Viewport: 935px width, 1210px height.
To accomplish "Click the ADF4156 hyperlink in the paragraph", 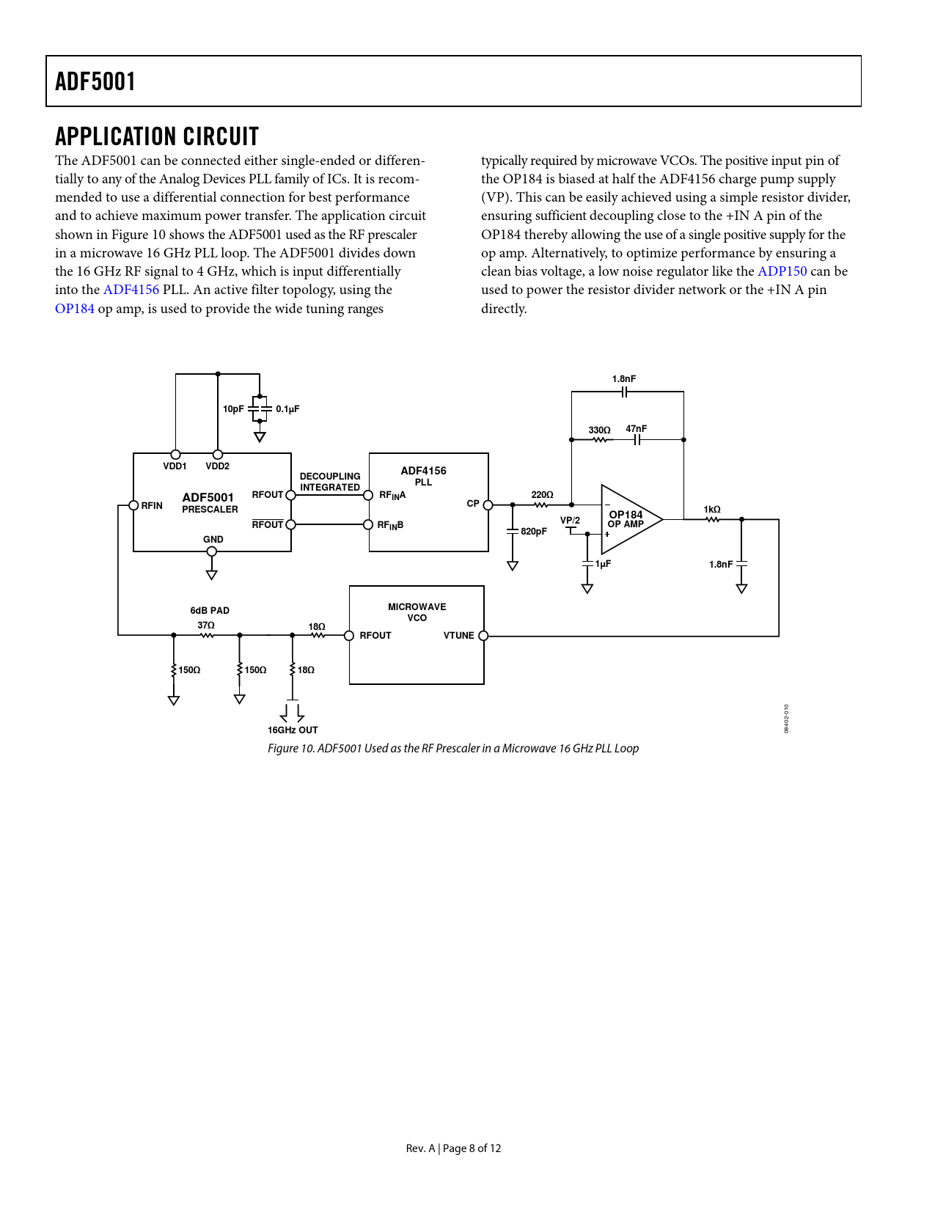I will tap(131, 290).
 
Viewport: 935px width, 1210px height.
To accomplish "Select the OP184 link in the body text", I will tap(75, 309).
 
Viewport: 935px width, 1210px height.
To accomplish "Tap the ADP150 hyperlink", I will tap(782, 271).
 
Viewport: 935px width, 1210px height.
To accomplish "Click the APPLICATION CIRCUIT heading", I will tap(157, 136).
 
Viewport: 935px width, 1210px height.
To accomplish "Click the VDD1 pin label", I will tap(175, 466).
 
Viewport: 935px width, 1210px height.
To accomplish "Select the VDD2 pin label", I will tap(217, 466).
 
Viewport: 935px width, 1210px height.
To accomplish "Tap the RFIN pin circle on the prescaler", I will tap(133, 505).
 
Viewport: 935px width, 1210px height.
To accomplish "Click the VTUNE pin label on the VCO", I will tap(458, 636).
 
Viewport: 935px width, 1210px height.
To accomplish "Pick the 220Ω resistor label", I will tap(542, 495).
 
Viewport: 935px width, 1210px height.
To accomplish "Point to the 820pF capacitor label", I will tap(534, 532).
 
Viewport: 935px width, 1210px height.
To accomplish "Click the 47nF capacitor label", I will tap(636, 429).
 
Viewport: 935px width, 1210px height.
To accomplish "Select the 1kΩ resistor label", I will tap(711, 510).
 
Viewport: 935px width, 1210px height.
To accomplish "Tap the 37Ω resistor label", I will tap(205, 626).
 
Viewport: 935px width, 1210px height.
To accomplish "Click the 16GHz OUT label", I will tap(293, 730).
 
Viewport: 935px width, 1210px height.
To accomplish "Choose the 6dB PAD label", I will tap(210, 611).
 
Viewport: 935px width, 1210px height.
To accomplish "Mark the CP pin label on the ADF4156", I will tap(473, 504).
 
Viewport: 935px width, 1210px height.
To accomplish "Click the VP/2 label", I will tap(570, 521).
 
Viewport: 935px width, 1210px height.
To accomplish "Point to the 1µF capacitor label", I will tap(603, 565).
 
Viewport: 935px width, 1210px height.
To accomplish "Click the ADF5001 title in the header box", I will tap(95, 81).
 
